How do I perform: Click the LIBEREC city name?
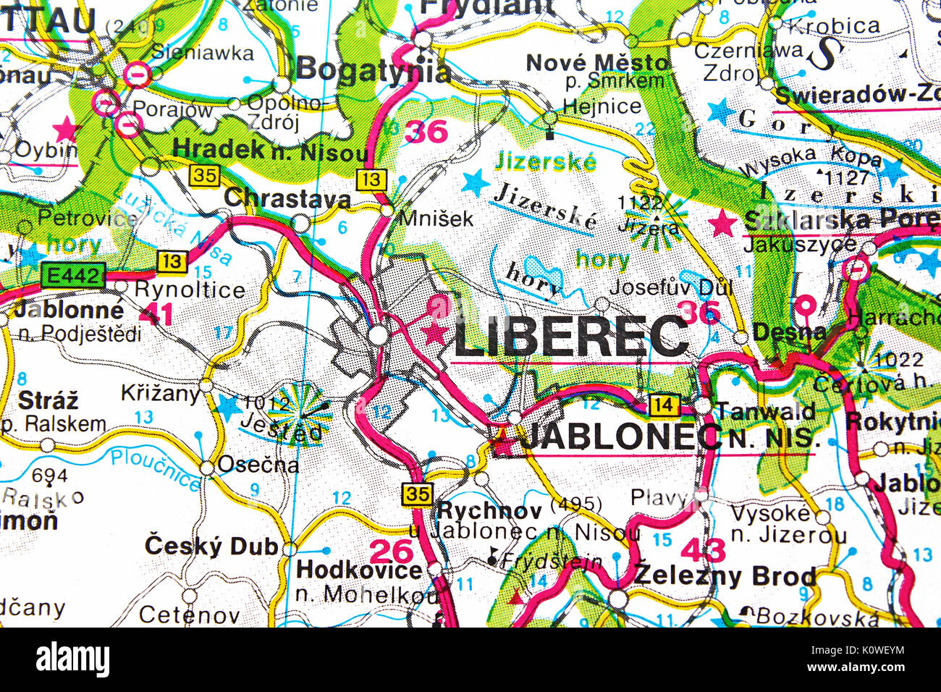pyautogui.click(x=571, y=336)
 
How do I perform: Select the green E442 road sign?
pyautogui.click(x=72, y=275)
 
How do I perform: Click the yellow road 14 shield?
pyautogui.click(x=663, y=405)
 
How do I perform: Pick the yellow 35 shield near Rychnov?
pyautogui.click(x=418, y=494)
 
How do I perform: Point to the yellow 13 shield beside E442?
pyautogui.click(x=172, y=261)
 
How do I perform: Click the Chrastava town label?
pyautogui.click(x=287, y=198)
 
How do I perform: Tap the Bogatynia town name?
pyautogui.click(x=374, y=71)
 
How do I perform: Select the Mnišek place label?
pyautogui.click(x=436, y=217)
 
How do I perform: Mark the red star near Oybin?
pyautogui.click(x=66, y=129)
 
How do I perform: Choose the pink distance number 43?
pyautogui.click(x=702, y=550)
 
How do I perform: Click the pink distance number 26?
pyautogui.click(x=392, y=552)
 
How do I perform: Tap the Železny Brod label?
pyautogui.click(x=725, y=576)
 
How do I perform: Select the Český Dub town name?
pyautogui.click(x=211, y=546)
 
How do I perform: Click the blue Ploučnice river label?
pyautogui.click(x=155, y=468)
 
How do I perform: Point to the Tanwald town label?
pyautogui.click(x=765, y=411)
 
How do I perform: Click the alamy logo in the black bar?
pyautogui.click(x=72, y=659)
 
